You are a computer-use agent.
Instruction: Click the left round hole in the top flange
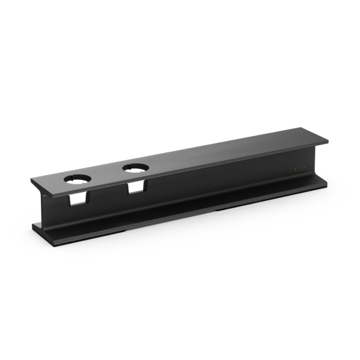(x=77, y=179)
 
